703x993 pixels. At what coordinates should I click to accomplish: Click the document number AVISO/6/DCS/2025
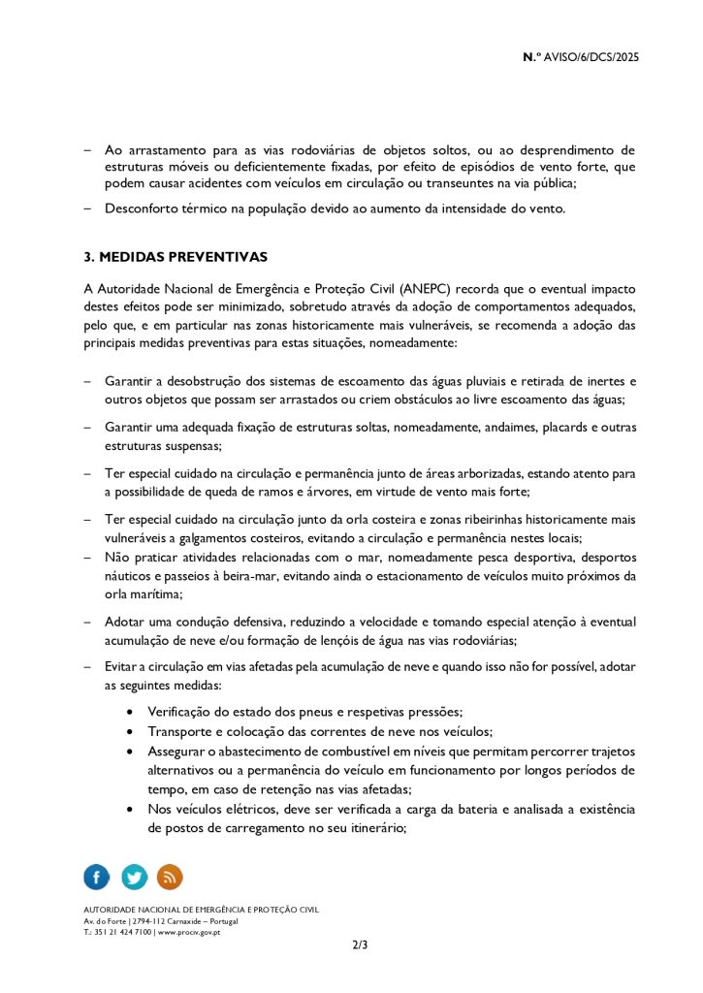pos(587,57)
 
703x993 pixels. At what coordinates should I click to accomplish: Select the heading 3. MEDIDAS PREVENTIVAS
pos(176,257)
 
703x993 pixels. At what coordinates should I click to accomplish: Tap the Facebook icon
pos(97,877)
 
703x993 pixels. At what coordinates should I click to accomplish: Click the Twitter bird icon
pos(134,877)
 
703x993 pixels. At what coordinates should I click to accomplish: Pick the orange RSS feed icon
pos(170,877)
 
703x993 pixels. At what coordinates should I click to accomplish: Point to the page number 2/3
pos(360,945)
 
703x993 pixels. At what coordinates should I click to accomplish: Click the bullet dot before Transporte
pos(130,732)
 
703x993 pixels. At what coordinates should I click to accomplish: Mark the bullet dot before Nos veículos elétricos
pos(130,810)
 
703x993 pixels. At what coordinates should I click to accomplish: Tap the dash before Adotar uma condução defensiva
pos(87,622)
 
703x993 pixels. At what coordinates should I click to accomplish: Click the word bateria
pos(463,809)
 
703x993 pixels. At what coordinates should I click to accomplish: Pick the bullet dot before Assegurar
pos(130,752)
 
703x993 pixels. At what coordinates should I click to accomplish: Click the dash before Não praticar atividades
pos(87,558)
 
